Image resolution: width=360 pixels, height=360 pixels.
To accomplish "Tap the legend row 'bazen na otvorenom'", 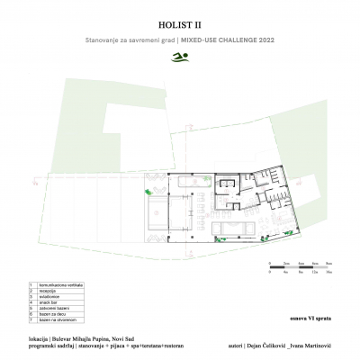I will pos(50,319).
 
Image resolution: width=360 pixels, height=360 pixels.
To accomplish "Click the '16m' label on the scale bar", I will pos(329,270).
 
